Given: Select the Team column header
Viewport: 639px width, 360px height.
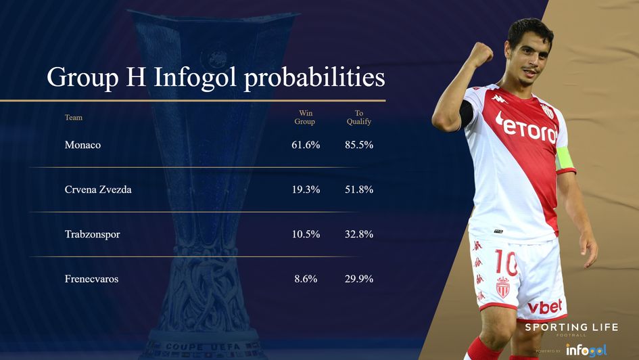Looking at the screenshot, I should click(74, 118).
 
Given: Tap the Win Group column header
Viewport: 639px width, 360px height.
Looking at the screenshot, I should click(305, 117).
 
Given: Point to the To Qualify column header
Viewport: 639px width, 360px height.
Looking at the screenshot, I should click(359, 117).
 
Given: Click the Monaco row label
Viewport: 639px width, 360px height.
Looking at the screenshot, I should click(82, 145).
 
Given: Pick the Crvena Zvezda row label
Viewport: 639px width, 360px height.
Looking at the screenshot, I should click(98, 189).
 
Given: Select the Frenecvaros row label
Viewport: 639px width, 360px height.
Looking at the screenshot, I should click(91, 279).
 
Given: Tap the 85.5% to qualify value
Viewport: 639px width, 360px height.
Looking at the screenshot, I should click(359, 145).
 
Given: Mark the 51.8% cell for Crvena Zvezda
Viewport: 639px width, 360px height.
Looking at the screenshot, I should click(359, 189).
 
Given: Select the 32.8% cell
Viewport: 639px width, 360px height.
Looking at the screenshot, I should click(359, 234).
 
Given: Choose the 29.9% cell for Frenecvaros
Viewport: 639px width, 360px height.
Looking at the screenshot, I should click(359, 279).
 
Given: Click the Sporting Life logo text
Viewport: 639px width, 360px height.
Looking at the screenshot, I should click(571, 328).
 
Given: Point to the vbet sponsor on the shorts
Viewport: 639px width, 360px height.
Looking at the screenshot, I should click(544, 307).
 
